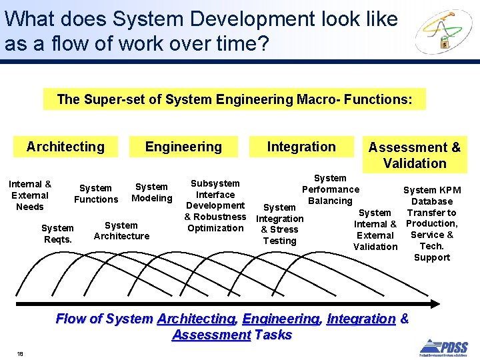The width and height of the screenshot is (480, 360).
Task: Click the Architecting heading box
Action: click(x=65, y=147)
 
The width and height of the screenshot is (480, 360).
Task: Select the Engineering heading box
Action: click(x=183, y=147)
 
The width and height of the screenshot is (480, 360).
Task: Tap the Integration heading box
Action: click(x=301, y=147)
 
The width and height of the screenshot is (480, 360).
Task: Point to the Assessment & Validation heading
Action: click(x=415, y=155)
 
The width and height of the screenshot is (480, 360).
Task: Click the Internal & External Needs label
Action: click(x=30, y=195)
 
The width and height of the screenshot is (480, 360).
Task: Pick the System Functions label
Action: click(x=96, y=193)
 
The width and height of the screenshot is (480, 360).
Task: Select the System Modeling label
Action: click(x=151, y=192)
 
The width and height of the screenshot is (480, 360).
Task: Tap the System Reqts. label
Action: click(x=58, y=233)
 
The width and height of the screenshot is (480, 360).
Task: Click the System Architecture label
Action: click(x=121, y=231)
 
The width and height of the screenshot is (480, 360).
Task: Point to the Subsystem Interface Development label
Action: click(x=215, y=194)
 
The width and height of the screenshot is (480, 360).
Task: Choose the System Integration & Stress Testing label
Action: click(x=280, y=224)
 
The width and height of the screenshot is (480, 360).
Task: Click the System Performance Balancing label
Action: click(x=330, y=189)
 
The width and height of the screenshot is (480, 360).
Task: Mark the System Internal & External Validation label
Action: click(x=375, y=229)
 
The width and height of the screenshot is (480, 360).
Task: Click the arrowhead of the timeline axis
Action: click(x=436, y=304)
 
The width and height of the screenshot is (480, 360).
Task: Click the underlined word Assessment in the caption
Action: click(x=211, y=335)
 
